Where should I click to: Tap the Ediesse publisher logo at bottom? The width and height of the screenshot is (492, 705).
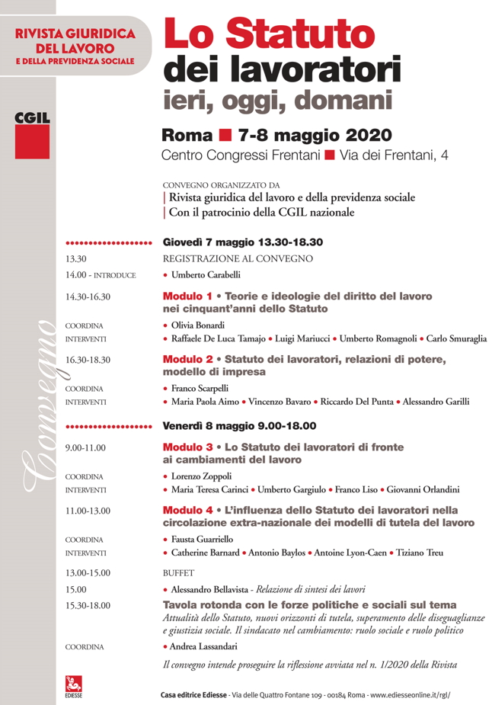point(75,687)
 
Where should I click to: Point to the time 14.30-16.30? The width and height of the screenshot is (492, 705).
point(88,297)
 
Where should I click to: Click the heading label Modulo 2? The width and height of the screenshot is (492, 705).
point(187,360)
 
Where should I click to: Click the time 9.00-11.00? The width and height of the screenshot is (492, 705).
point(85,448)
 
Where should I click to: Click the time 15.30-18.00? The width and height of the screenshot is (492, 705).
point(88,606)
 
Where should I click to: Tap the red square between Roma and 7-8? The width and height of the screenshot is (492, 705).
point(225,136)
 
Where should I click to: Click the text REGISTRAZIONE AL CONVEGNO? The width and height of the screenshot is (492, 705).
point(238,259)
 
